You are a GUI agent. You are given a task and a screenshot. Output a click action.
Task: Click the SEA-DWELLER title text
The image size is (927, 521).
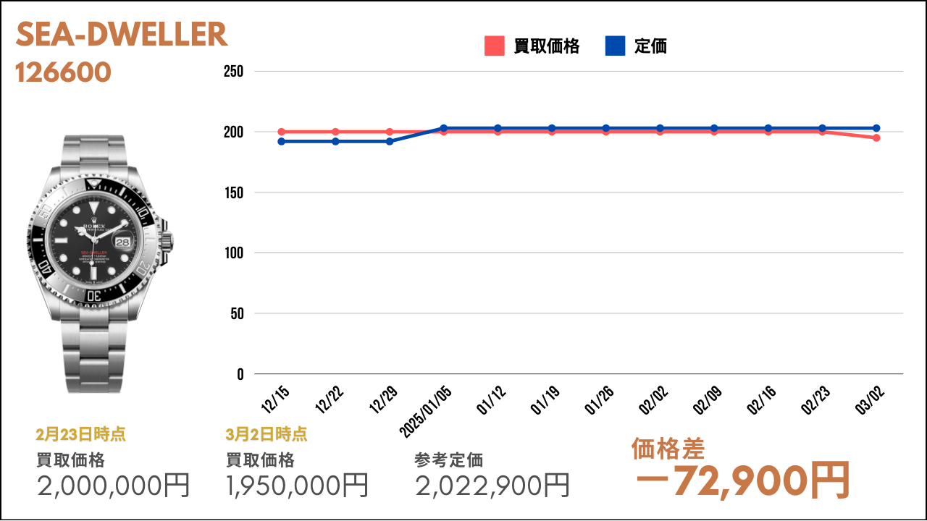point(122,34)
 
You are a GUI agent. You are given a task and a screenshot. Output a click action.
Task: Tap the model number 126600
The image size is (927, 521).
point(63,72)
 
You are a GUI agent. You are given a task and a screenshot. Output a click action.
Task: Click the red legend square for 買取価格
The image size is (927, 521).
point(494,46)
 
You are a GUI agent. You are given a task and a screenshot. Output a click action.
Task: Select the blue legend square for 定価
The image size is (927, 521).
point(615,46)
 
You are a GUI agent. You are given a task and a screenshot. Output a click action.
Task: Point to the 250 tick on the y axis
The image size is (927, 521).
point(233,71)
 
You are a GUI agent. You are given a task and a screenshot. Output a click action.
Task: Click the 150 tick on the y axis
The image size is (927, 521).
point(234,192)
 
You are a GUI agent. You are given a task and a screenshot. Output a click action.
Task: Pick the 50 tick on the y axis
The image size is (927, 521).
point(237,313)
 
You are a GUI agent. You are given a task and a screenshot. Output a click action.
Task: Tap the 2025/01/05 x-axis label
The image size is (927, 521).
point(425,412)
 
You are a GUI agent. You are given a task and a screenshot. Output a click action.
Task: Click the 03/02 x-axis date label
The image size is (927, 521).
point(870,400)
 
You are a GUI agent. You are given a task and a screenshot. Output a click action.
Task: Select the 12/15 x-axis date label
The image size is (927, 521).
point(275,400)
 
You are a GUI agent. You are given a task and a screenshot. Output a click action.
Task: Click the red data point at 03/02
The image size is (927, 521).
point(876,137)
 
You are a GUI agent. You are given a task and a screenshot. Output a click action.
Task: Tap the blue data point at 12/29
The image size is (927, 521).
point(390,141)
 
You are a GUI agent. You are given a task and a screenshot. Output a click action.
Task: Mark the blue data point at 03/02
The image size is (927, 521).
point(876,128)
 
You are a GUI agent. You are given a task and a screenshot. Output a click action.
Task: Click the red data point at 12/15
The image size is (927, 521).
point(282,132)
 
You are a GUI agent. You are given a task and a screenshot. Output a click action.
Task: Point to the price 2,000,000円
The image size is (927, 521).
point(113,486)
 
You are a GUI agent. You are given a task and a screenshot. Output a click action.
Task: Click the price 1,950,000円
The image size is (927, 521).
point(297,486)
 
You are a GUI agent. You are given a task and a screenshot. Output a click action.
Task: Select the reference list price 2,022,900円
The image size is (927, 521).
point(492,486)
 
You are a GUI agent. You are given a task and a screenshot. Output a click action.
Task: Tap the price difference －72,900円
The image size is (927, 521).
point(743,481)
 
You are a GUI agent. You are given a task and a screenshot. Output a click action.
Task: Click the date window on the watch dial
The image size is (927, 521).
point(122,242)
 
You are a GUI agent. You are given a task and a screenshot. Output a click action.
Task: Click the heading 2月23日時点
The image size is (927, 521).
point(80,434)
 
